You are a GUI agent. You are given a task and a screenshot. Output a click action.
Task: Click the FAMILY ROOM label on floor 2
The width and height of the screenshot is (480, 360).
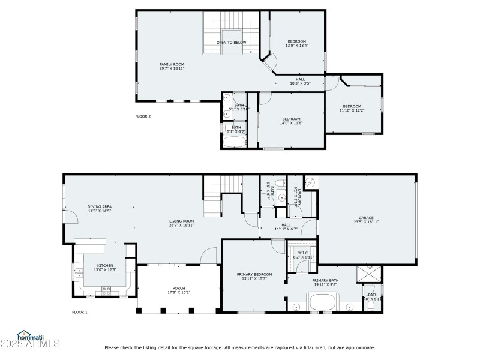[172, 66]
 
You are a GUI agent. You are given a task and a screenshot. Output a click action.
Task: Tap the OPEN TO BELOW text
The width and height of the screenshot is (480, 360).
[231, 43]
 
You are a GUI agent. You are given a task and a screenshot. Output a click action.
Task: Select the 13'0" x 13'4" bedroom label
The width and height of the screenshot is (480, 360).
[296, 43]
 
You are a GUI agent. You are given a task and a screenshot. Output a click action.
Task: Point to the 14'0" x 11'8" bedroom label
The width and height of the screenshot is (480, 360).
[291, 121]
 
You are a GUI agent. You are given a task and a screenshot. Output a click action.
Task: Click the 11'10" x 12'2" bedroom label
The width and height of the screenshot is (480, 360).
[352, 109]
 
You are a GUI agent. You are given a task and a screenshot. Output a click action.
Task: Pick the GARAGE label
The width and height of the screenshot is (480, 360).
[366, 220]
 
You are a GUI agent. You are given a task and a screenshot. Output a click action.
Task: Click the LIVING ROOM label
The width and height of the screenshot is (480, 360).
[181, 223]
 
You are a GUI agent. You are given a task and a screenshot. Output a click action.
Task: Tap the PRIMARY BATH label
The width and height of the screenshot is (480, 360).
[325, 283]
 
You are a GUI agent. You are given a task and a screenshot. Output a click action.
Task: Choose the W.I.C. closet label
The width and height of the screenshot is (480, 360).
[303, 255]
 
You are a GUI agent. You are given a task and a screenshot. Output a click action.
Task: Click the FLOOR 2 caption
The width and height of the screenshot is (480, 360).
[143, 116]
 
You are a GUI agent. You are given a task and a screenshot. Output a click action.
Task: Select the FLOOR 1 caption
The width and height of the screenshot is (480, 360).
[80, 312]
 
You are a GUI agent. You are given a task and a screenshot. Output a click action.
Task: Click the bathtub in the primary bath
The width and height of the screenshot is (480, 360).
[324, 302]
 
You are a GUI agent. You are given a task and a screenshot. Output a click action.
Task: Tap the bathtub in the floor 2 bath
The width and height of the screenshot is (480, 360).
[234, 142]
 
